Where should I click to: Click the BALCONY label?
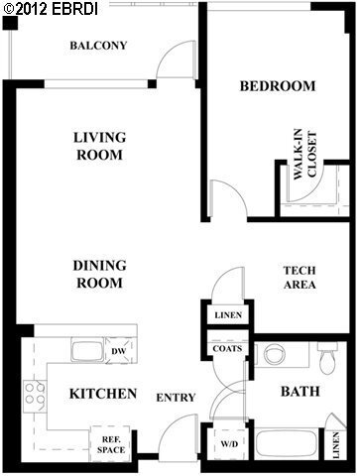(x=98, y=46)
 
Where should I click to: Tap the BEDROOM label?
(x=278, y=86)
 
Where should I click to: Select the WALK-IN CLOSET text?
(x=303, y=156)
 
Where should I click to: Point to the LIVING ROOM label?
(x=98, y=147)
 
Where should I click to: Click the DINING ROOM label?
(x=98, y=274)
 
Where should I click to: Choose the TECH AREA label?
(x=300, y=278)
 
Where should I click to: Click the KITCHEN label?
(x=102, y=395)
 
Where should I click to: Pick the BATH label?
(x=299, y=392)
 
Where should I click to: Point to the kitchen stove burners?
(x=32, y=393)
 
